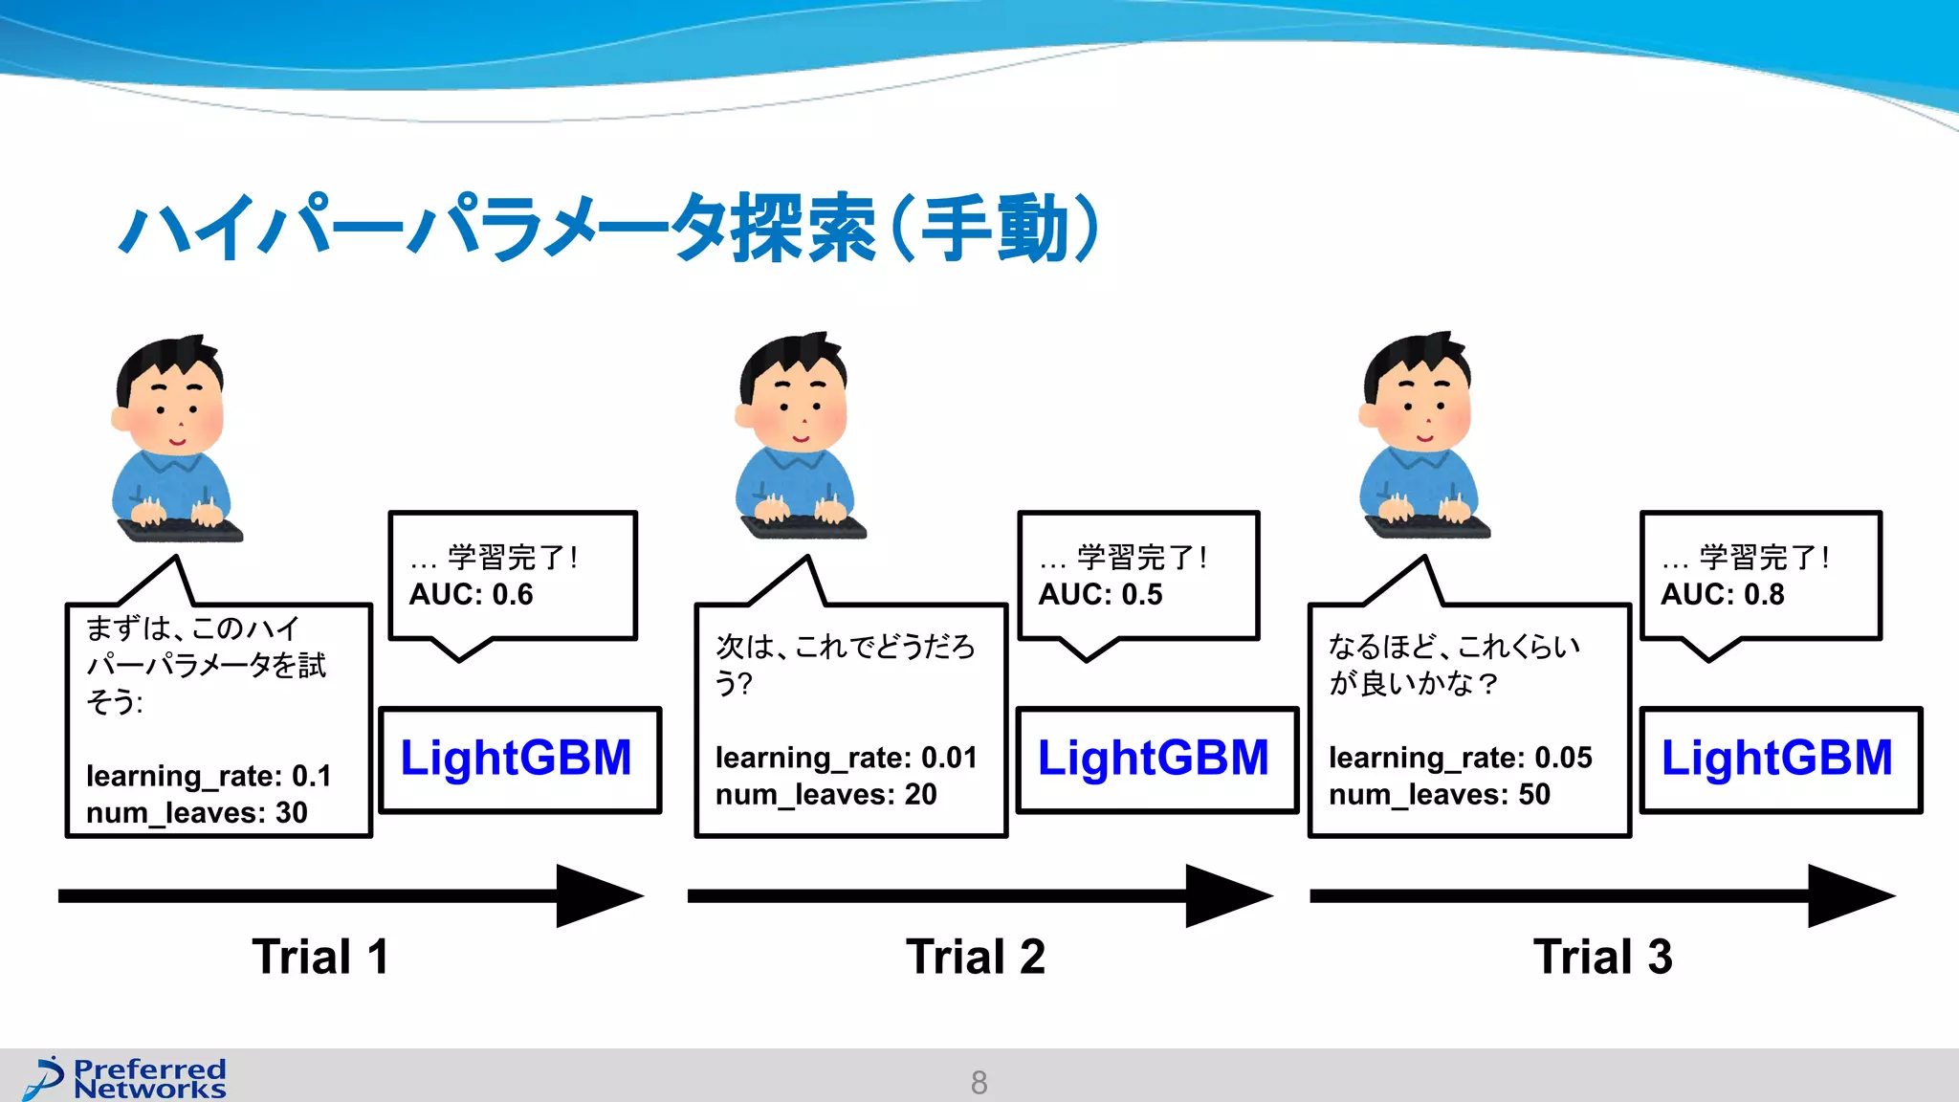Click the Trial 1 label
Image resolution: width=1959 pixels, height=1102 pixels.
[x=320, y=957]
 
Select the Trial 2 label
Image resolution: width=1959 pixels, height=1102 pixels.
[x=975, y=957]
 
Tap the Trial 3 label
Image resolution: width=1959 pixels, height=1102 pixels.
[x=1602, y=957]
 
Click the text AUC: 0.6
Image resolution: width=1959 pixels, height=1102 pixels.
[x=471, y=595]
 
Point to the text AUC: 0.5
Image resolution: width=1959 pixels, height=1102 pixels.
[x=1100, y=595]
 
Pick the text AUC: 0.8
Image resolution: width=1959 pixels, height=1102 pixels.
[x=1722, y=595]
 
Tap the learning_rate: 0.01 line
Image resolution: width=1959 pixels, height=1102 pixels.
[x=846, y=758]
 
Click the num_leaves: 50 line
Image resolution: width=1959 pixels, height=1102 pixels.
[x=1439, y=795]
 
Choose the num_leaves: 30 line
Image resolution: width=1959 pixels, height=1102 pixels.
[x=196, y=813]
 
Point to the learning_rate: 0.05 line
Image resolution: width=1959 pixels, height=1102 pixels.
[x=1460, y=758]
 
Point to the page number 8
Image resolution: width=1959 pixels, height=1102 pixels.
[x=979, y=1082]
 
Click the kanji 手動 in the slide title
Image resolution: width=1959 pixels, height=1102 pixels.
[x=995, y=230]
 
